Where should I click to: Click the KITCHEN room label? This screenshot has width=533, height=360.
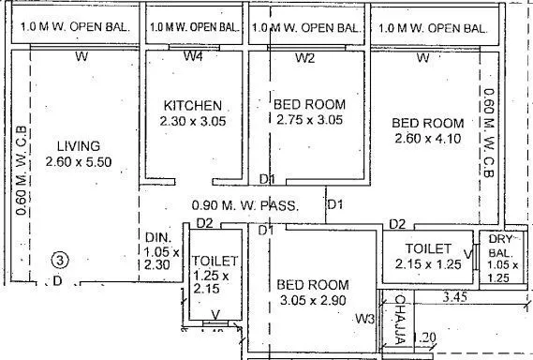(193, 104)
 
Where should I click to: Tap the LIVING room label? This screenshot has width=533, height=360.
(79, 145)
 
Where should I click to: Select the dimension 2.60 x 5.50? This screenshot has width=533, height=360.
(79, 162)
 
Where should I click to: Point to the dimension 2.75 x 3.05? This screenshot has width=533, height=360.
(310, 120)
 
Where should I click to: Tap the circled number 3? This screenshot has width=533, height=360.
(59, 260)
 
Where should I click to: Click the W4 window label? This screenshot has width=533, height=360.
(193, 58)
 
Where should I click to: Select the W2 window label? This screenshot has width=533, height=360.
(305, 58)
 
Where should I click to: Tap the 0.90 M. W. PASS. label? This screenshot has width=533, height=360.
(244, 204)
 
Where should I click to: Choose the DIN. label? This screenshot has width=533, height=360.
(156, 237)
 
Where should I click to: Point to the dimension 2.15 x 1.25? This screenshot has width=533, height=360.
(428, 265)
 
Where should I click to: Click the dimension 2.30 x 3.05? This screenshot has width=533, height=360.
(193, 120)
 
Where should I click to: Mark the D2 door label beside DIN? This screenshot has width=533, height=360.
(205, 224)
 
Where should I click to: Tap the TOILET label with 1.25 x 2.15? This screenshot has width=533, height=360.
(215, 260)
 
